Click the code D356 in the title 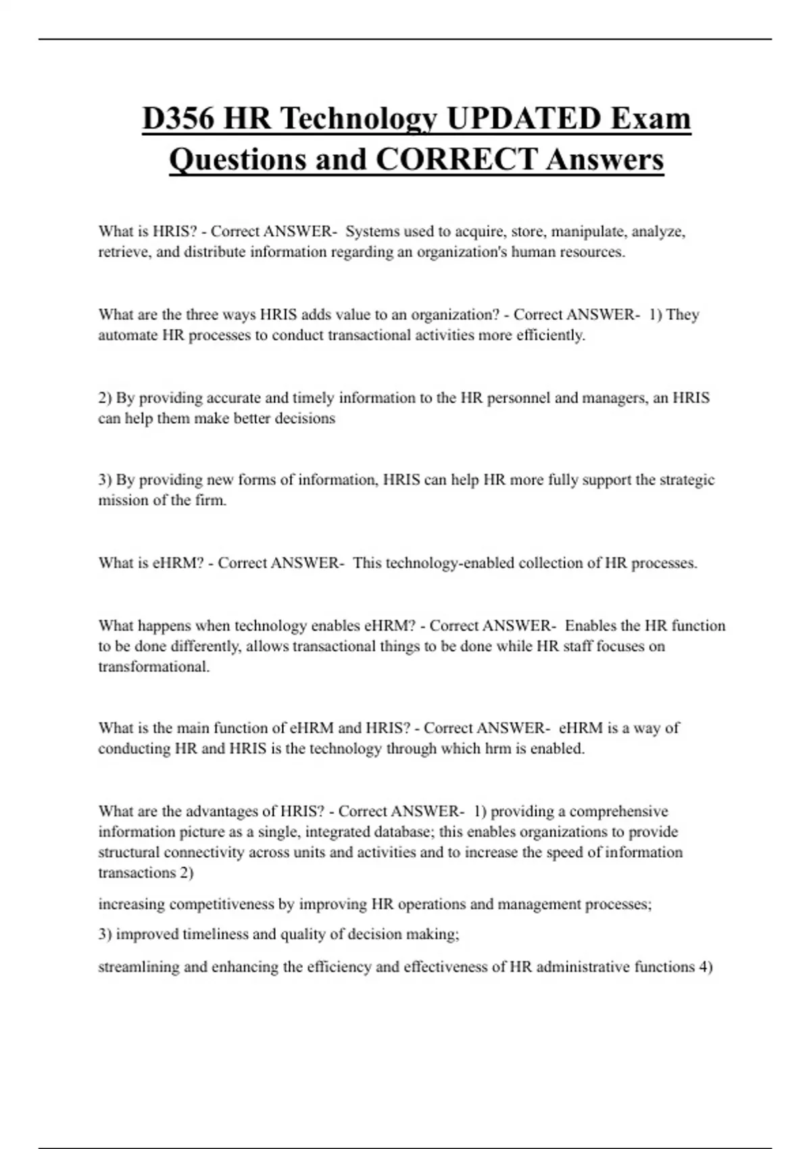[178, 119]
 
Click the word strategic [687, 480]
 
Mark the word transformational [153, 667]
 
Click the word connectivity [203, 852]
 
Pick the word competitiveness [222, 904]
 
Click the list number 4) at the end [705, 967]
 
